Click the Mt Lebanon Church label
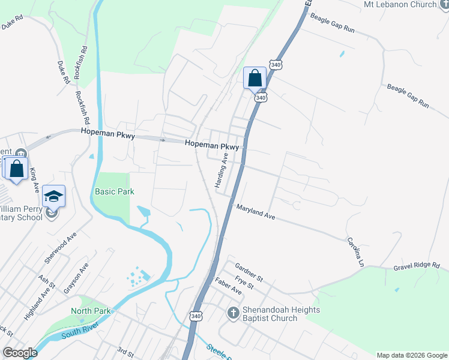point(400,4)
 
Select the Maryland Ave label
point(255,211)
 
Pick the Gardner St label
point(249,272)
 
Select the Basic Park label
point(114,191)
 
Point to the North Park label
point(91,311)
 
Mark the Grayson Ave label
point(76,278)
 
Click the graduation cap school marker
point(53,196)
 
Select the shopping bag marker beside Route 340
point(255,78)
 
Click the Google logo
point(19,353)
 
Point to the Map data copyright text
point(411,355)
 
